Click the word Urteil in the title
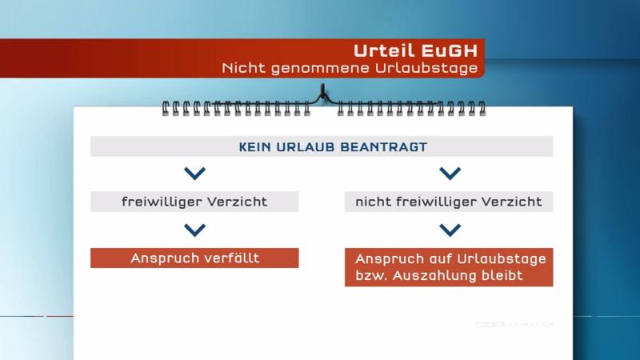(384, 50)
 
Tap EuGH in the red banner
(449, 50)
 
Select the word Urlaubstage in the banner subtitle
(426, 68)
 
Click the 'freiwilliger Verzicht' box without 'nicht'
(194, 202)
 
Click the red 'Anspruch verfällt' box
(194, 258)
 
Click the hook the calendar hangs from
(323, 92)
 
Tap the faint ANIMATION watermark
(530, 325)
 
